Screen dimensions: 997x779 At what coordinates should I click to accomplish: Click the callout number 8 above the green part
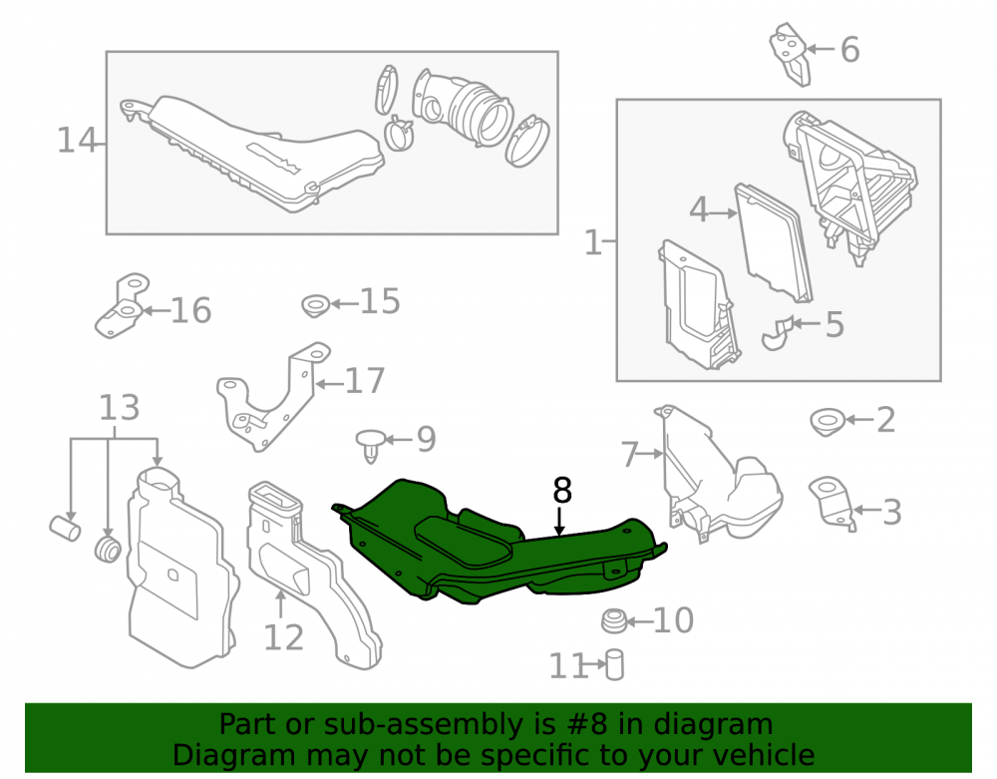tap(562, 491)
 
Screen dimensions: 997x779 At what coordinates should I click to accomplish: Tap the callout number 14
tap(77, 140)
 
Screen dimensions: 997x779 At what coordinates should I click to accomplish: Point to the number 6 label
tap(850, 50)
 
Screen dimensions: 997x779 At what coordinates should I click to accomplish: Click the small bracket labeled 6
tap(791, 54)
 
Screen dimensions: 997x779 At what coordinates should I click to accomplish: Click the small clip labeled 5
tap(778, 332)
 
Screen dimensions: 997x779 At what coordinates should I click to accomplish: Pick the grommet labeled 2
tap(828, 422)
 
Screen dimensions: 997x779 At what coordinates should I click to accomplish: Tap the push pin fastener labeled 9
tap(371, 444)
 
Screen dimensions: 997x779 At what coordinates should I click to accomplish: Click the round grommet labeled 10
tap(613, 621)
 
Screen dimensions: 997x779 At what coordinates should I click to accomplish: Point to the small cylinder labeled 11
tap(614, 664)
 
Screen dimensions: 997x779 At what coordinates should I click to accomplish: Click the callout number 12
tap(283, 637)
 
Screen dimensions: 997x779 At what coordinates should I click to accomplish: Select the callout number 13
tap(119, 408)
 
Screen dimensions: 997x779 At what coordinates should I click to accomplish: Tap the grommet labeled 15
tap(315, 306)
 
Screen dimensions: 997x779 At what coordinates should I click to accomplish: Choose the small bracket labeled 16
tap(122, 306)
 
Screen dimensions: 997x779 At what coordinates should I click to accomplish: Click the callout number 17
tap(364, 380)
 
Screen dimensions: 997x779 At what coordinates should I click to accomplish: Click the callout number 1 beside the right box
tap(592, 242)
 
